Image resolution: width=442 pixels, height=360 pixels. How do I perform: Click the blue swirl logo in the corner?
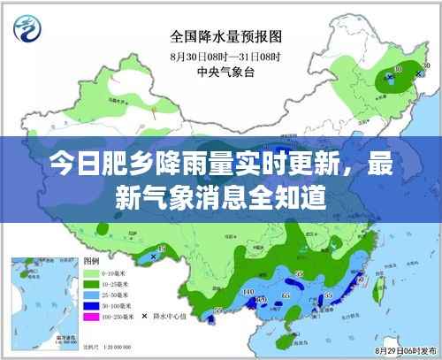27,27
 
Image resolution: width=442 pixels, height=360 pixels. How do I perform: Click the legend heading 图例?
90,263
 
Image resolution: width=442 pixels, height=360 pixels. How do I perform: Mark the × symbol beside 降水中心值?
144,316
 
